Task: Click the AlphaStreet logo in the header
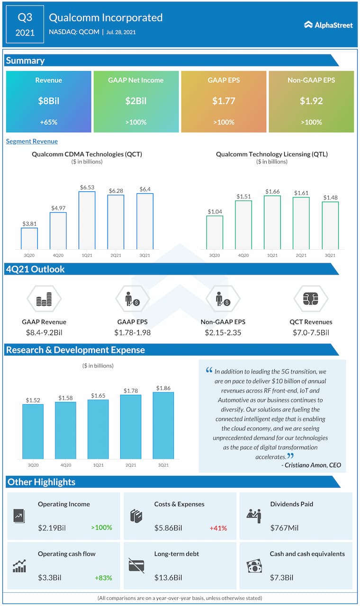(x=329, y=25)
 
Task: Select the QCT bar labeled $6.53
(x=87, y=220)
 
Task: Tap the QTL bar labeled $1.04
(x=215, y=232)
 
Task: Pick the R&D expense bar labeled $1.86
(x=163, y=425)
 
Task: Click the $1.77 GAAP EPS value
(x=224, y=101)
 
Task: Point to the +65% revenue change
(x=48, y=122)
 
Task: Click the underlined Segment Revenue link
(x=32, y=141)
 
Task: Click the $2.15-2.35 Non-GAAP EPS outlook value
(x=223, y=332)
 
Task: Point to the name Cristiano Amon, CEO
(x=311, y=465)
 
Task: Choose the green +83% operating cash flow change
(x=102, y=577)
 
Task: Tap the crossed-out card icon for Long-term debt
(x=136, y=565)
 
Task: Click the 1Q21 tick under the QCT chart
(x=87, y=255)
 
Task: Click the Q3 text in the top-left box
(x=25, y=18)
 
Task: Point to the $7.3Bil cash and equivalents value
(x=281, y=577)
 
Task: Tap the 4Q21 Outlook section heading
(x=35, y=269)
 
